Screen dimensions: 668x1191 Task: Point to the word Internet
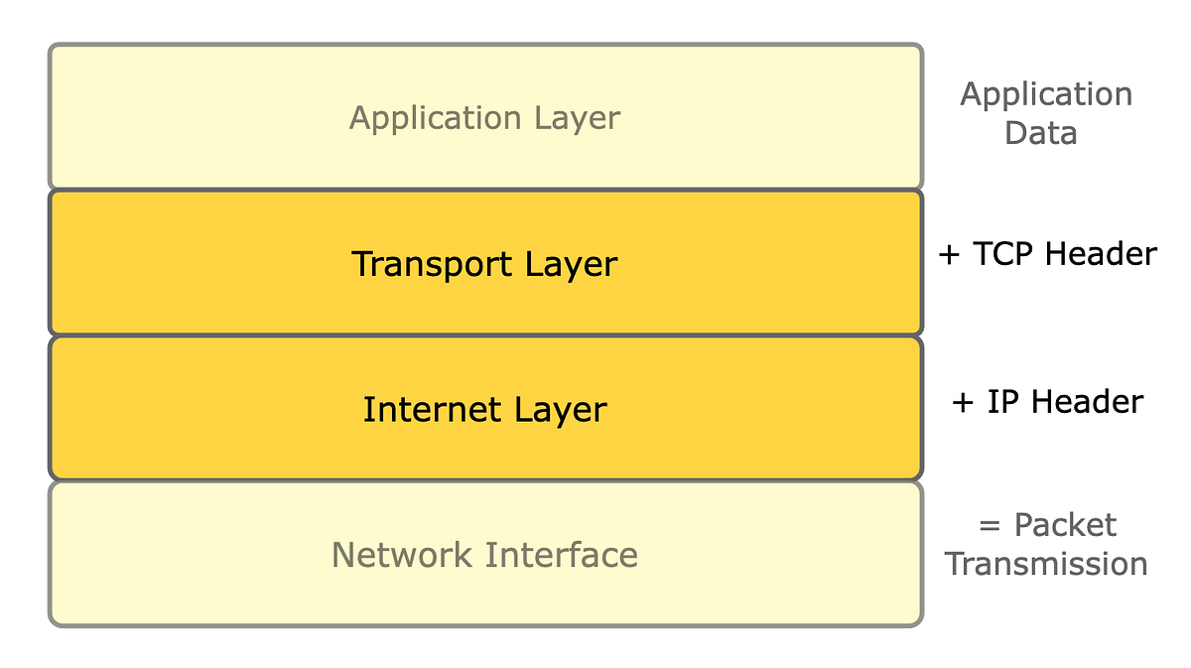(x=431, y=409)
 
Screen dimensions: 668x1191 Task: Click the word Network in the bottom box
(x=402, y=555)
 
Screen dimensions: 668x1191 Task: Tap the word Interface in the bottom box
(x=562, y=555)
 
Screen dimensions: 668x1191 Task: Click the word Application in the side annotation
(x=1046, y=95)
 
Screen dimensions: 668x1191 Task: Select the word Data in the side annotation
(x=1040, y=133)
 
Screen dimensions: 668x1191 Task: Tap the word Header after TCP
(x=1100, y=254)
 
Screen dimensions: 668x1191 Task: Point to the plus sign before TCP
(x=950, y=255)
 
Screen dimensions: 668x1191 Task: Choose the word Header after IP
(x=1088, y=402)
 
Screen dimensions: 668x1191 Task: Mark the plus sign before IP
(x=962, y=403)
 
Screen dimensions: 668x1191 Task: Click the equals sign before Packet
(x=990, y=526)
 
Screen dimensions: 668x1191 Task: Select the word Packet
(x=1065, y=525)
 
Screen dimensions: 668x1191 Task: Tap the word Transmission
(x=1046, y=564)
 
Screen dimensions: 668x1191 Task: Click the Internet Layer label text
(x=484, y=409)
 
